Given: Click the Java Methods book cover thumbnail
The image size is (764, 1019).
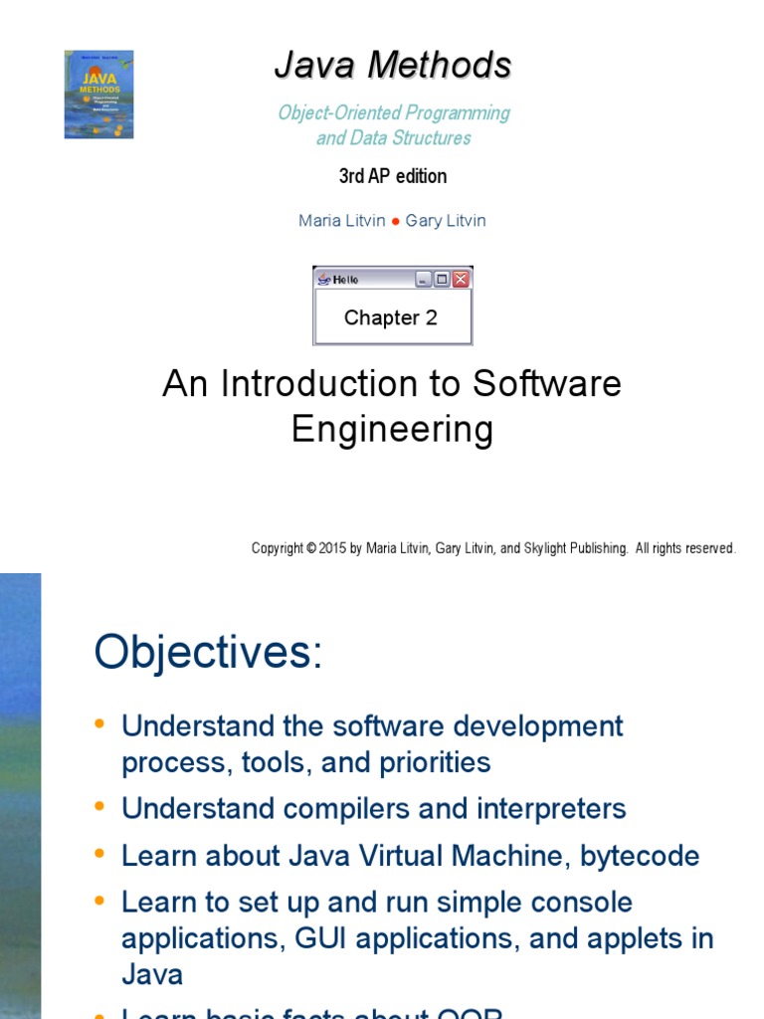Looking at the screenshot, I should [98, 95].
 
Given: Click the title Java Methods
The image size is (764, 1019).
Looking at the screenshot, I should [393, 66].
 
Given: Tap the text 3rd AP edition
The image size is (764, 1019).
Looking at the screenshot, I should [393, 176].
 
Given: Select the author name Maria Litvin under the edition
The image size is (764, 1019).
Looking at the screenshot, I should [341, 221].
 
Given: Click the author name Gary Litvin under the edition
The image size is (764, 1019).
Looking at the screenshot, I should [446, 221].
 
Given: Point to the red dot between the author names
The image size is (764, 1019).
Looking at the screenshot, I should [395, 222].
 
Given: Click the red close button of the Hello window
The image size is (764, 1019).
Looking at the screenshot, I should [461, 280].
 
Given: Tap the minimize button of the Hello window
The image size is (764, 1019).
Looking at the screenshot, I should [423, 280].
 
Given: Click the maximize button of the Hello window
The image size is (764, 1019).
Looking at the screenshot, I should [442, 280].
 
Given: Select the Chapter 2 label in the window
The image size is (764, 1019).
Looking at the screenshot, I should [391, 318].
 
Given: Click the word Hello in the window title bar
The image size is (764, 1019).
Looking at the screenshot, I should [345, 280].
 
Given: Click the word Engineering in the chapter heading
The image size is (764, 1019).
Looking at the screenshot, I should [392, 430].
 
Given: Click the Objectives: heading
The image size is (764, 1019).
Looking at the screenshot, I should [209, 654].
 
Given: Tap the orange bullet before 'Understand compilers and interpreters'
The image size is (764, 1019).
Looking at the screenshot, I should [98, 807].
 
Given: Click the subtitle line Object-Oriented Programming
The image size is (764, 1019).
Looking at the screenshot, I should [394, 113].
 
